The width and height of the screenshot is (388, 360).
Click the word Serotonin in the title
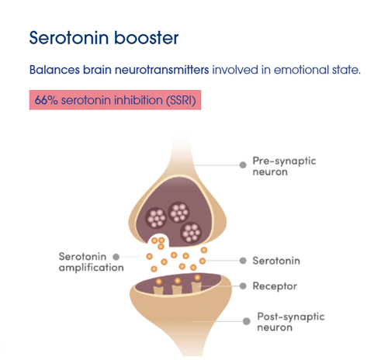(x=69, y=38)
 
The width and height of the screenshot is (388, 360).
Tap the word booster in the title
(x=147, y=38)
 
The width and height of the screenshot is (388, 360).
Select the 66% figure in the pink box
(x=46, y=100)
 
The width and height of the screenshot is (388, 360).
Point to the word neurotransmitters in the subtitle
(x=161, y=70)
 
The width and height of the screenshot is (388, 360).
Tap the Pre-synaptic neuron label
(x=284, y=166)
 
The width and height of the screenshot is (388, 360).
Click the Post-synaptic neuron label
(x=291, y=322)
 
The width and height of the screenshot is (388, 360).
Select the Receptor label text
(x=275, y=286)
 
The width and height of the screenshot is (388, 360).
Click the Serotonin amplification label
(x=91, y=262)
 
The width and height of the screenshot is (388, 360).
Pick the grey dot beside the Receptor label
(x=243, y=286)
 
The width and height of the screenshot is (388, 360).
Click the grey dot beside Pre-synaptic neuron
(x=243, y=164)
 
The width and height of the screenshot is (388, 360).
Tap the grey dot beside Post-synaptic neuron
(x=247, y=321)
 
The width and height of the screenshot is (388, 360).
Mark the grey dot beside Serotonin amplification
(x=116, y=257)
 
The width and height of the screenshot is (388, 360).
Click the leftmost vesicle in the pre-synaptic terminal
(x=156, y=218)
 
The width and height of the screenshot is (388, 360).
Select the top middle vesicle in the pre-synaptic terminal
(x=178, y=213)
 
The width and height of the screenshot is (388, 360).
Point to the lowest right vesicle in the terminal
(x=191, y=233)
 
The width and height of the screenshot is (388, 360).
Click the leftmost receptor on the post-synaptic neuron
(x=158, y=290)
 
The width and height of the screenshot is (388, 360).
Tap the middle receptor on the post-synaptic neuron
(x=177, y=289)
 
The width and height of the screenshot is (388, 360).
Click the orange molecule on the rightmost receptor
(x=197, y=278)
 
